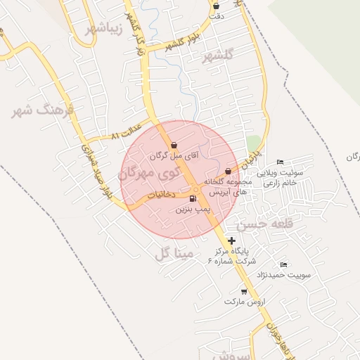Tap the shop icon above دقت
216,6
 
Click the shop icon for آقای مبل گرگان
174,145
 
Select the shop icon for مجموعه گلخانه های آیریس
228,171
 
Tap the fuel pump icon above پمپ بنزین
193,198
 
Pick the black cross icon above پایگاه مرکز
232,240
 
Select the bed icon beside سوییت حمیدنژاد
283,264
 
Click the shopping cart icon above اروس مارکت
244,291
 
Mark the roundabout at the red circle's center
195,188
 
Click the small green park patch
253,143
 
